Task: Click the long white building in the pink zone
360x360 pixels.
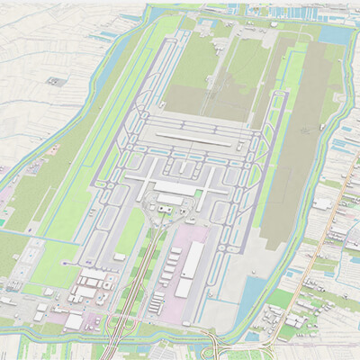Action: pos(192,259)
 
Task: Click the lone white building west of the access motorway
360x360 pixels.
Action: pos(119,256)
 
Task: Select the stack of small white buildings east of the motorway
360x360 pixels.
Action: pos(171,270)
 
